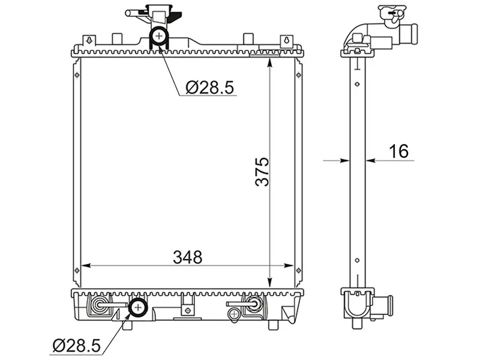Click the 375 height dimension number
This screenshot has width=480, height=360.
[262, 172]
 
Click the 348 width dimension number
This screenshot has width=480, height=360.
[188, 257]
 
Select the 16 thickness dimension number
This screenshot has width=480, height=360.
[398, 151]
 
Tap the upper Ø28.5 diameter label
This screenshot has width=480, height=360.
[209, 88]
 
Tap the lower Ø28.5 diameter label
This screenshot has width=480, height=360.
[77, 346]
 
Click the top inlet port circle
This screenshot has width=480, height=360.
[159, 36]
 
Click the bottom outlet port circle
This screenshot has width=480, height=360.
[138, 307]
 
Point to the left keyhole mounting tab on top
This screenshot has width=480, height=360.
[89, 40]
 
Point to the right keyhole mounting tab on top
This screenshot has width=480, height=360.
[287, 40]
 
